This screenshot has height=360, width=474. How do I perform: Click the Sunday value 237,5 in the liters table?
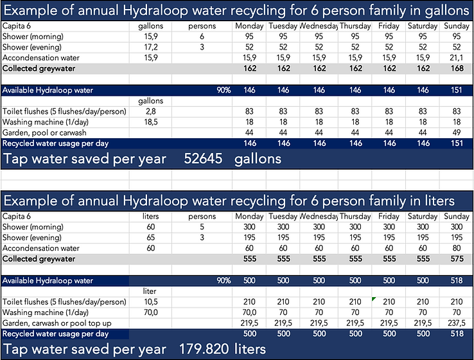[x=453, y=323]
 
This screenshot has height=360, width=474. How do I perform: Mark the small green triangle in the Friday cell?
[x=373, y=298]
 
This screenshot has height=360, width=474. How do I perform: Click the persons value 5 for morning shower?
[x=201, y=227]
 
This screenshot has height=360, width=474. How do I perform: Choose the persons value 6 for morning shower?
[x=201, y=37]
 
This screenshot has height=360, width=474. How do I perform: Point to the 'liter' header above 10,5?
[x=148, y=291]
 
